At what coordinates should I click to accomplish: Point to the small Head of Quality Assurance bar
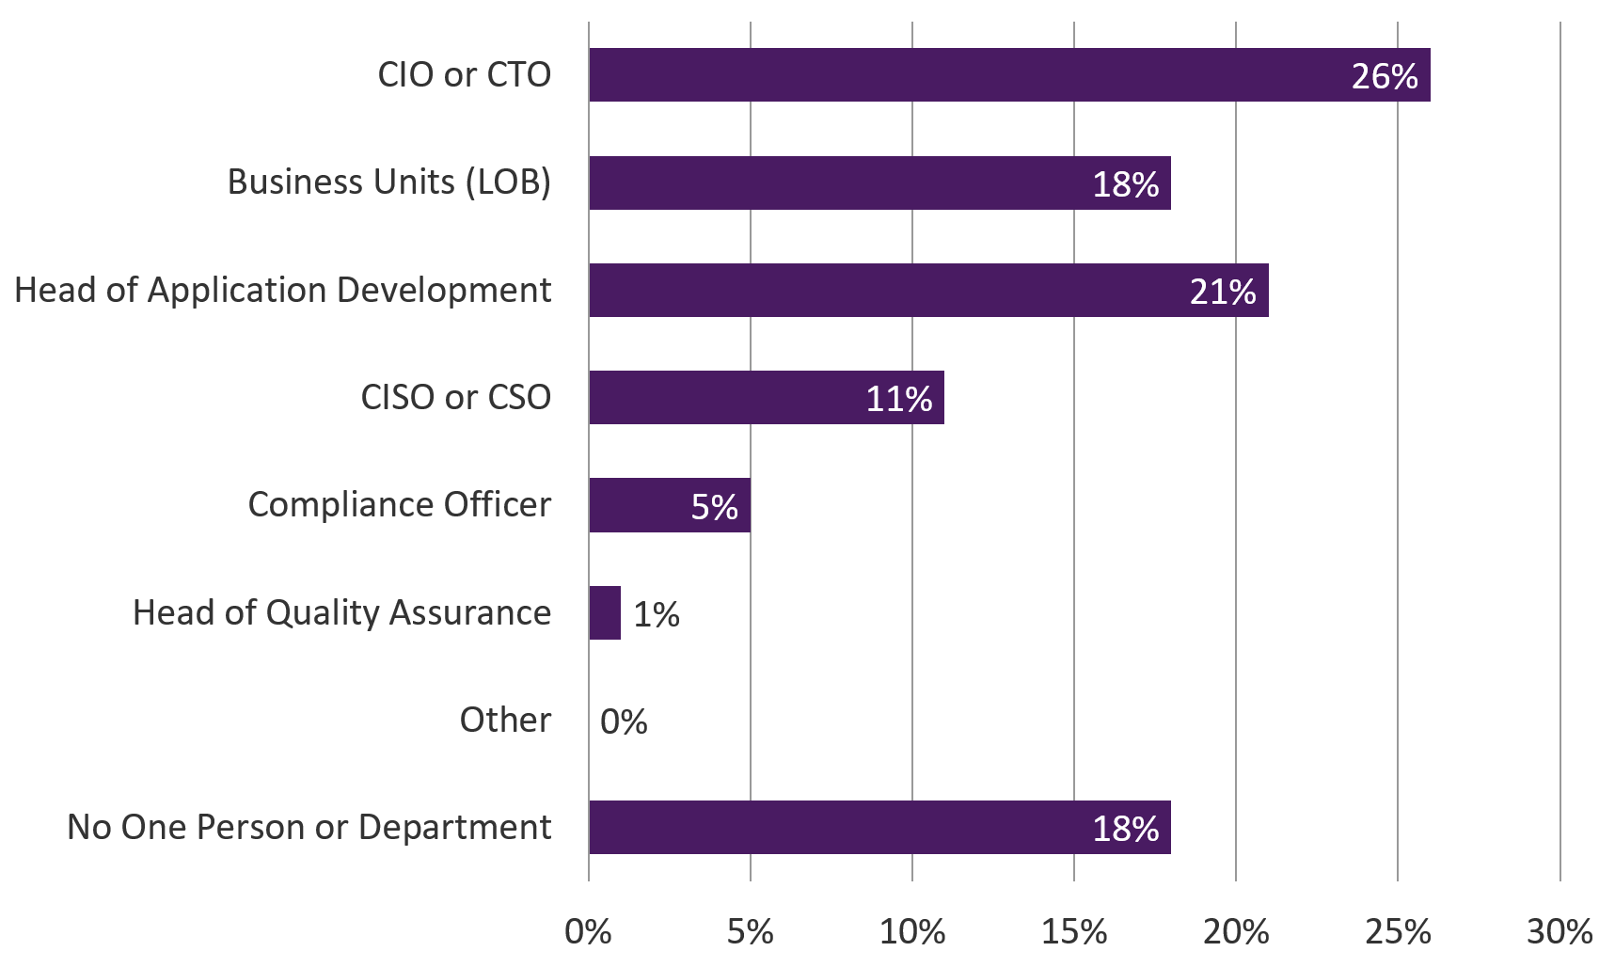(605, 612)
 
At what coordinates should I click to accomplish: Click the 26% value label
(1385, 76)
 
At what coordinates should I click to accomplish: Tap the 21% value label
(1223, 292)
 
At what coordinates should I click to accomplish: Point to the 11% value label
(899, 399)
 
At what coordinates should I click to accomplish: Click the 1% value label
(657, 614)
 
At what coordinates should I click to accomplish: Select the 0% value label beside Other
(624, 721)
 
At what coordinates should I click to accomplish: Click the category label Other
(505, 720)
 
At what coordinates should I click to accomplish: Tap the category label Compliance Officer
(400, 505)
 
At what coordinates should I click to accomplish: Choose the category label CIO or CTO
(465, 75)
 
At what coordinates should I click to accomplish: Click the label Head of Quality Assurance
(342, 612)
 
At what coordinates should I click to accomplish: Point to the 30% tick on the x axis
(1560, 931)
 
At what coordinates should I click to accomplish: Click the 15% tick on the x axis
(1074, 931)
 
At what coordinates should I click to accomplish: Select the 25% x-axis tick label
(1398, 931)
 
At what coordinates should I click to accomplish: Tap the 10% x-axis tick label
(912, 931)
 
